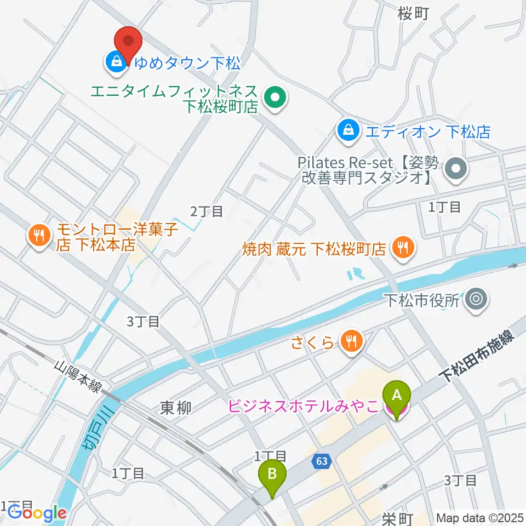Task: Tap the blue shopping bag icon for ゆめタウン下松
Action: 116,62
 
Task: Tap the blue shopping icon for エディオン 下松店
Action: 348,131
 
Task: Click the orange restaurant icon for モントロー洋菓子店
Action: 38,237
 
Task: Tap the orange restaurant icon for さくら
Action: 350,342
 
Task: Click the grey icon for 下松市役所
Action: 475,300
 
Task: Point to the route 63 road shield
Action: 322,461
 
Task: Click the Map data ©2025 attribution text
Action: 479,517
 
